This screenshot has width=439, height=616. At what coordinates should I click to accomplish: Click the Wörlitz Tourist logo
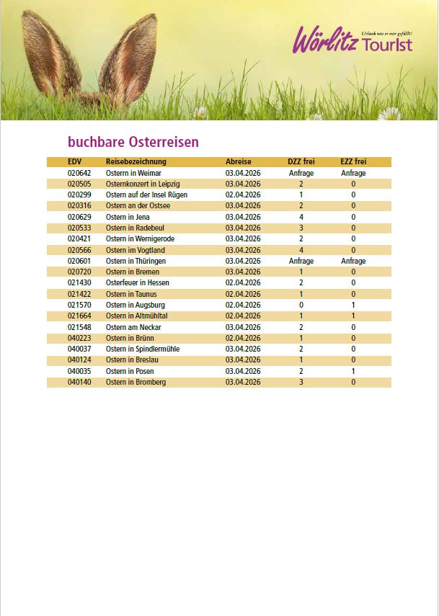pos(352,40)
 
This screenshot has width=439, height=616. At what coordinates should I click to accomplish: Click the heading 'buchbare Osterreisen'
pos(133,142)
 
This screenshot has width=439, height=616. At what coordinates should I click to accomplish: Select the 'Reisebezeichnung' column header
pos(136,162)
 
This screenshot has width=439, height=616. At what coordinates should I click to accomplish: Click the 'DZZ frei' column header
pos(301,162)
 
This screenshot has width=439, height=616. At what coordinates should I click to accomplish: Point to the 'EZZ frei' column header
pos(353,162)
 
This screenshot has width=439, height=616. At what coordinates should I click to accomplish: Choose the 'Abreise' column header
pos(238,162)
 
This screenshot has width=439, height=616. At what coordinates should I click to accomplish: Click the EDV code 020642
pos(79,174)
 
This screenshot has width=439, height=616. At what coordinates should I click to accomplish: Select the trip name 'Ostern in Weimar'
pos(133,174)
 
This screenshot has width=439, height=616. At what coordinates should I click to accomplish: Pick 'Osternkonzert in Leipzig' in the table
pos(143,184)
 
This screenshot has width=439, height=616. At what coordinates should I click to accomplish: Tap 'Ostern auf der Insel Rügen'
pos(146,195)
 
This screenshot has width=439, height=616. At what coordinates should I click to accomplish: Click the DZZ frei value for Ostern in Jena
pos(301,217)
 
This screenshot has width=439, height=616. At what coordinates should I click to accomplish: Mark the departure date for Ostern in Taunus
pos(243,294)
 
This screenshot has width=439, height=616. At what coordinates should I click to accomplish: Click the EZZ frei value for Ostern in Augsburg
pos(353,305)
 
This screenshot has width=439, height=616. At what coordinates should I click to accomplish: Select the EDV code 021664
pos(79,316)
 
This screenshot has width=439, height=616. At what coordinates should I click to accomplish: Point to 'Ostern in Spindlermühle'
pos(143,349)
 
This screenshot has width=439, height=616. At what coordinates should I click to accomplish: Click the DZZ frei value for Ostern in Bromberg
pos(301,382)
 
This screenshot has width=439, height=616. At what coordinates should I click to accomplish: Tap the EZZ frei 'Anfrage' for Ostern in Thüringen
pos(353,261)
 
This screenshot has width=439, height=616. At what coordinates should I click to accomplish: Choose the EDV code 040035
pos(79,371)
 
